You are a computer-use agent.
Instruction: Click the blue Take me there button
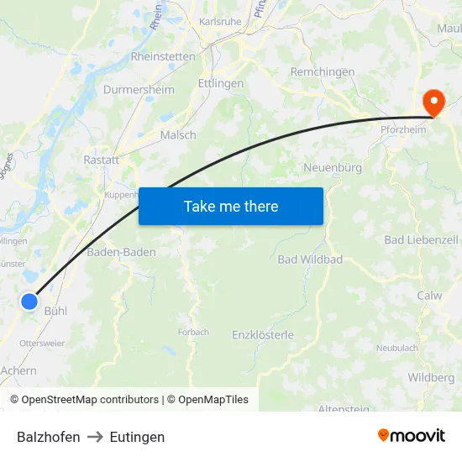coord(231,206)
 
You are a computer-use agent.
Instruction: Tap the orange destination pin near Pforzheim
coord(434,103)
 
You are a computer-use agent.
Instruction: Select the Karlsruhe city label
coord(221,21)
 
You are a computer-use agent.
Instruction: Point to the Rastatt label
coord(101,160)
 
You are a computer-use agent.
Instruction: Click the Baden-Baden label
coord(121,252)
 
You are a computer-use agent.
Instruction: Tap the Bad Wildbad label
coord(310,260)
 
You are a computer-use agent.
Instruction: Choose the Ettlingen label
coord(220,84)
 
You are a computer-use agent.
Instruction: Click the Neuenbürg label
coord(333,168)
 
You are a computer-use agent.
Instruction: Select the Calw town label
coord(429,296)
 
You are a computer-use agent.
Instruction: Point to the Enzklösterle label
coord(263,335)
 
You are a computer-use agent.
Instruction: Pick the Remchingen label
coord(323,72)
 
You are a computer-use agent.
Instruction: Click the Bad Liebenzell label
coord(421,240)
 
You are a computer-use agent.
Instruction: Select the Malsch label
coord(178,134)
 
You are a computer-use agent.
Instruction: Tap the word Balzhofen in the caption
coord(49,437)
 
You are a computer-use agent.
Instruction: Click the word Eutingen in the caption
coord(137,437)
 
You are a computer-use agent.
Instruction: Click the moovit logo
coord(412,435)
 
